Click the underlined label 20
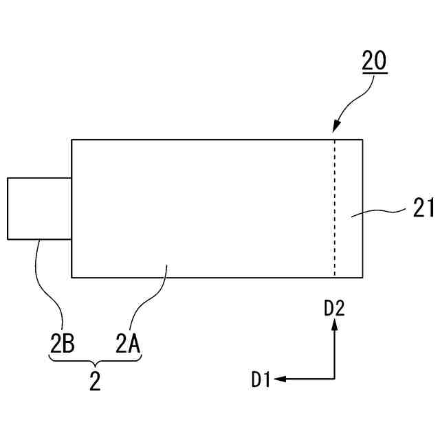[374, 63]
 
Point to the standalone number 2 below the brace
[95, 382]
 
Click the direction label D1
[261, 378]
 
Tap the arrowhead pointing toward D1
[283, 378]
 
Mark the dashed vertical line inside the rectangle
[335, 206]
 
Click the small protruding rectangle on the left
[39, 208]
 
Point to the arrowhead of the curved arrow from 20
[335, 128]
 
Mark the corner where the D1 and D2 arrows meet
[335, 378]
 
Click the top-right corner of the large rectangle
[363, 140]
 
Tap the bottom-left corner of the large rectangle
[72, 277]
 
